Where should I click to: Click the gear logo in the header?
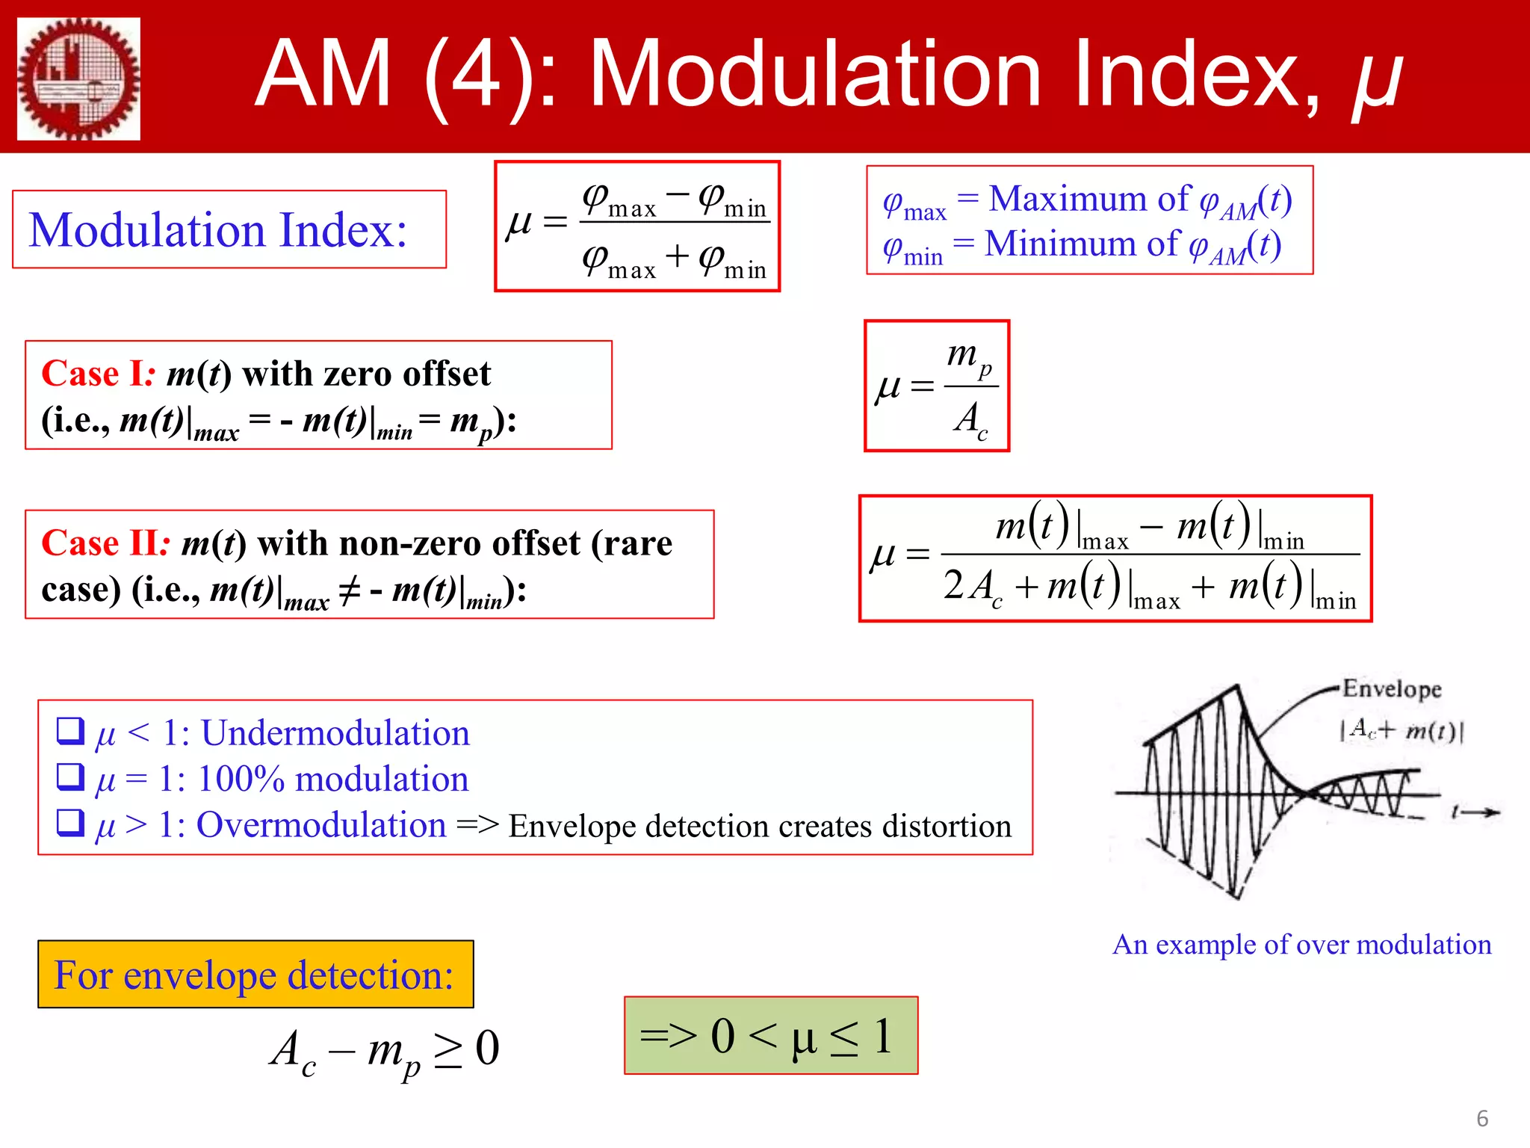click(78, 78)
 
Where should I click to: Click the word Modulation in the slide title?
click(814, 75)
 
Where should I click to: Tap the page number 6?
click(1482, 1119)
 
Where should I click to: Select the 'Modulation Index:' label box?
click(229, 229)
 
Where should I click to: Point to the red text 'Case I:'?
click(98, 374)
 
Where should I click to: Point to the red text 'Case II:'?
click(105, 543)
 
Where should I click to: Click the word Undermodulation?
click(335, 733)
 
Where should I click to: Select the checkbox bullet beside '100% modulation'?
click(70, 777)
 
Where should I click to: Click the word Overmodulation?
click(321, 825)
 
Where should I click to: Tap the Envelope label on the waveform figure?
click(1391, 688)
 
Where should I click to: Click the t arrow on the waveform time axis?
click(1476, 812)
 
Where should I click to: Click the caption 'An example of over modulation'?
click(1301, 945)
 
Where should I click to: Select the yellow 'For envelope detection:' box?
click(255, 975)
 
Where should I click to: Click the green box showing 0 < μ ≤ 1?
click(771, 1036)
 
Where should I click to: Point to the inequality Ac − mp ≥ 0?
click(384, 1049)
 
